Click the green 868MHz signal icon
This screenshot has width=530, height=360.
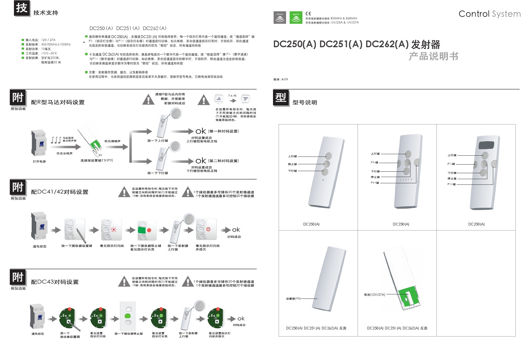pyautogui.click(x=296, y=18)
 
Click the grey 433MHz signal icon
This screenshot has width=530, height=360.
pyautogui.click(x=280, y=18)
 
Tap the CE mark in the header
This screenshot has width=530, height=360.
pyautogui.click(x=308, y=13)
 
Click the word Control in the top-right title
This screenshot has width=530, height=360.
pyautogui.click(x=474, y=14)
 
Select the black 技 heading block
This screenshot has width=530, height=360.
pyautogui.click(x=22, y=8)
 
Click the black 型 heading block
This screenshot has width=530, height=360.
pyautogui.click(x=281, y=97)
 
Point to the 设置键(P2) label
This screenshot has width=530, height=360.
pyautogui.click(x=293, y=299)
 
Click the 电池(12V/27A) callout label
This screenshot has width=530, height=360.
pyautogui.click(x=375, y=295)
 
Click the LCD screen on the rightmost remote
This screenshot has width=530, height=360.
pyautogui.click(x=486, y=145)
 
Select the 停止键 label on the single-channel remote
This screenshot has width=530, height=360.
pyautogui.click(x=292, y=164)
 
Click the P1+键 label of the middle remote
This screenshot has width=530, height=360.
pyautogui.click(x=375, y=183)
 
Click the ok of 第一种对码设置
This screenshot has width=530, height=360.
pyautogui.click(x=201, y=131)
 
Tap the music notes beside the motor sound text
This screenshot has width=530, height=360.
pyautogui.click(x=56, y=140)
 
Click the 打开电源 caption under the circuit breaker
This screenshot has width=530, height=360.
pyautogui.click(x=39, y=162)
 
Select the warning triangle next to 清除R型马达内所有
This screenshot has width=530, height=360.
pyautogui.click(x=148, y=100)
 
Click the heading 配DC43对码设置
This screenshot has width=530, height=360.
pyautogui.click(x=55, y=282)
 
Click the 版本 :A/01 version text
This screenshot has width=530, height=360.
pyautogui.click(x=280, y=79)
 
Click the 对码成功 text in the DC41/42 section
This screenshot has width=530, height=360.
pyautogui.click(x=234, y=237)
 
